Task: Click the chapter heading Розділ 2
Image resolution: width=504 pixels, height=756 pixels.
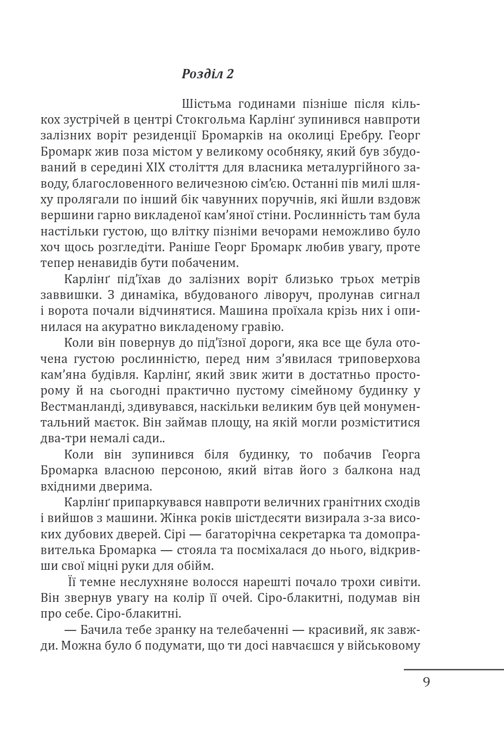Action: coord(207,74)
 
